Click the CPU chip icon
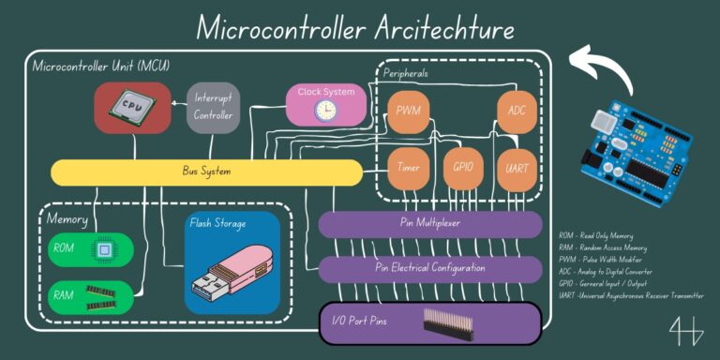tap(131, 107)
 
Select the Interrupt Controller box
tap(213, 106)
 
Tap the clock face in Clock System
tap(324, 111)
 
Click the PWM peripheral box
tap(407, 112)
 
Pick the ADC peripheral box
tap(517, 112)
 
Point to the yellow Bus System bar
tap(205, 172)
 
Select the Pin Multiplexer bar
tap(429, 225)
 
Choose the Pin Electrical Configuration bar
tap(429, 269)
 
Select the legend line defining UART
tap(628, 296)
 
